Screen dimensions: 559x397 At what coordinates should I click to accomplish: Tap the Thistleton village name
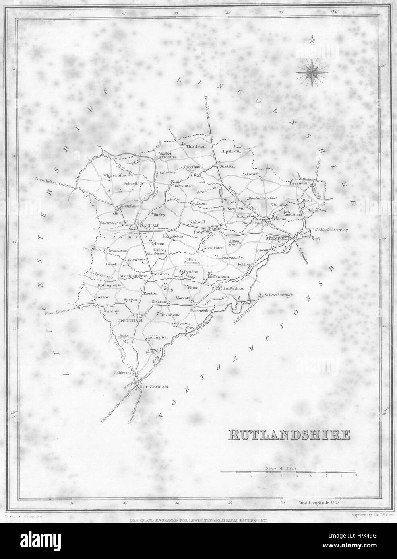(195, 146)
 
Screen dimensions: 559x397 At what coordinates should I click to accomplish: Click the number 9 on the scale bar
(356, 476)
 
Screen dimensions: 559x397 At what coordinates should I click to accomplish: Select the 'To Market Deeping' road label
(331, 230)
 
